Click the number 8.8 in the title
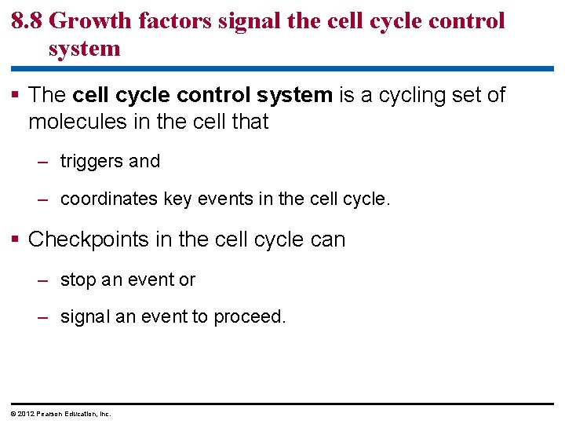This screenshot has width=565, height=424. tap(27, 20)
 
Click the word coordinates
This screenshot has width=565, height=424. tap(109, 199)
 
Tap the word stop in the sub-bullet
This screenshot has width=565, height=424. tap(78, 280)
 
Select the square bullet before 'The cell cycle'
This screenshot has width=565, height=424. tap(16, 96)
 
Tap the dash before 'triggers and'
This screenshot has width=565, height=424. tap(45, 162)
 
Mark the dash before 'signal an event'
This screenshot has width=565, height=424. tap(45, 317)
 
